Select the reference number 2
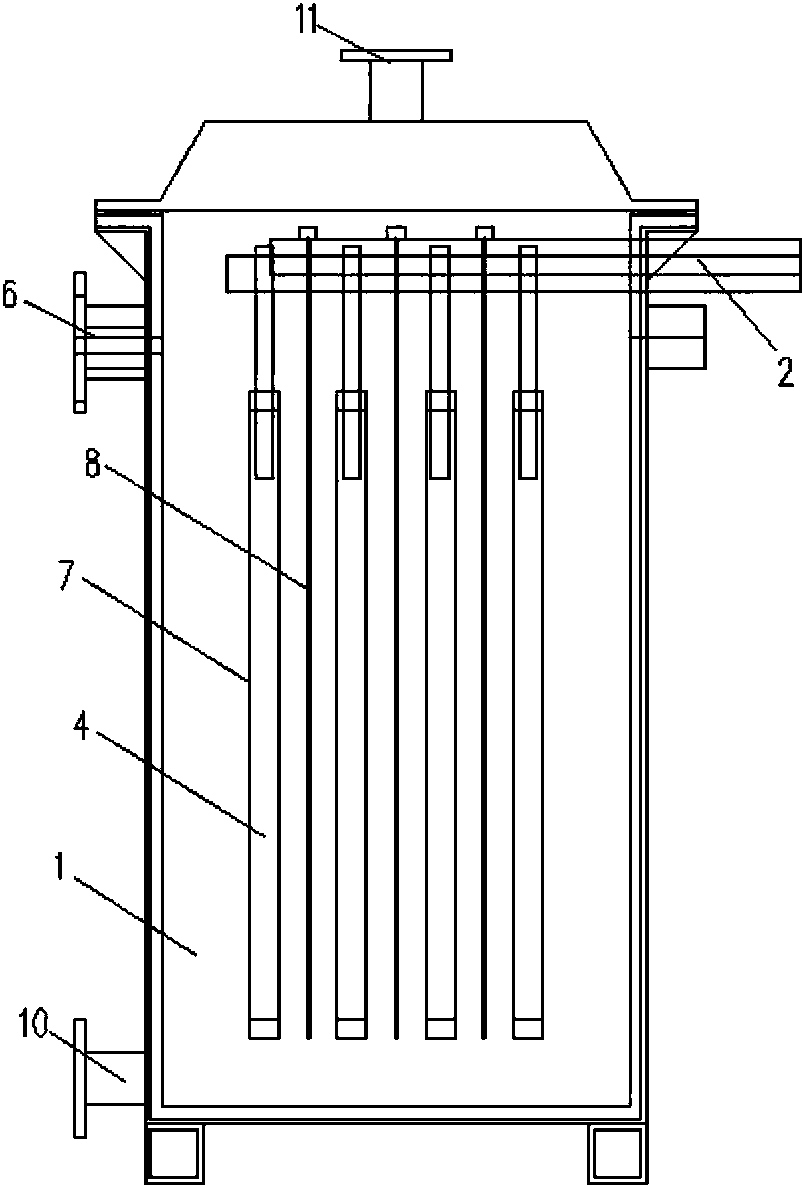[785, 371]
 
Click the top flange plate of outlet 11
[396, 56]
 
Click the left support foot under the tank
[175, 1155]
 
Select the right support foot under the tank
[618, 1155]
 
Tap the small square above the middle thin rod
[396, 232]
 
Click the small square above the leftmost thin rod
[307, 232]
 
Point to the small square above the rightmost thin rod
[485, 232]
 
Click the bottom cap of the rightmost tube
[528, 1028]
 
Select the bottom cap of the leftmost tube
[264, 1028]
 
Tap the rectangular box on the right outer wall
[677, 337]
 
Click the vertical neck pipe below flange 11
[396, 91]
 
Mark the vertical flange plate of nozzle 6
[80, 342]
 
